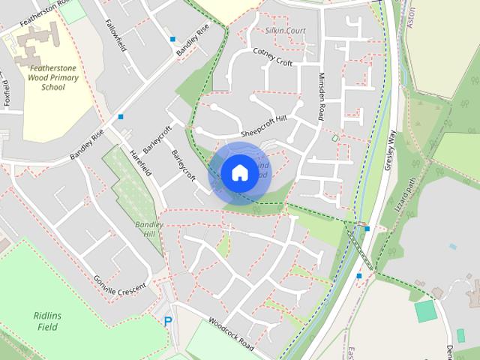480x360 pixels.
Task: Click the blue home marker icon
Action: click(239, 172)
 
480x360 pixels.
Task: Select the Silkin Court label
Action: click(285, 31)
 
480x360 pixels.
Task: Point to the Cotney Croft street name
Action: click(272, 56)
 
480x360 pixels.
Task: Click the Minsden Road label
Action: click(320, 97)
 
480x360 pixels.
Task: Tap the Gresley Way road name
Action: click(389, 150)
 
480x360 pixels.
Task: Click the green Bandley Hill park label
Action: click(148, 228)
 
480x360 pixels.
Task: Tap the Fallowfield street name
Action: click(116, 34)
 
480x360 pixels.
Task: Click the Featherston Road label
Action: click(34, 15)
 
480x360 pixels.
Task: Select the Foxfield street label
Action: click(7, 97)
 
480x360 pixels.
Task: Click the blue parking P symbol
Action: click(168, 322)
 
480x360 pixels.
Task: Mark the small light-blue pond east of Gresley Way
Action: click(452, 246)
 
